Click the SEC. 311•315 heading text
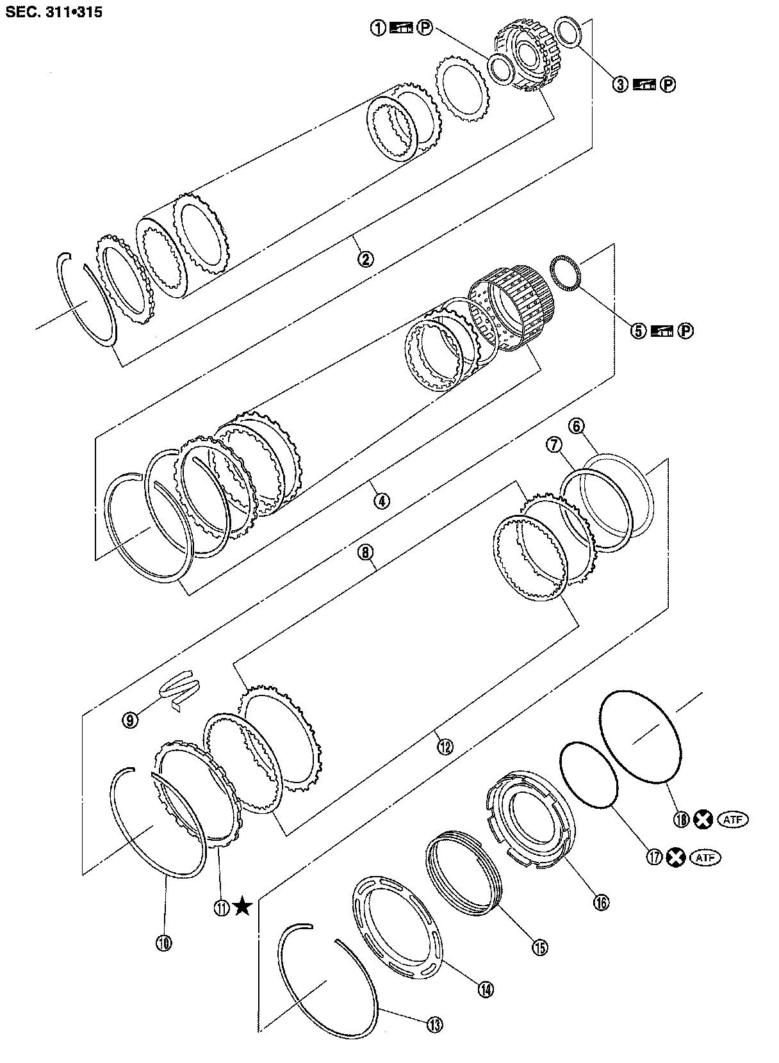point(54,11)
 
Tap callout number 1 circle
point(379,28)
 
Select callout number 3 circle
point(620,84)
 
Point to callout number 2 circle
point(365,259)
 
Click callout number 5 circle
point(639,330)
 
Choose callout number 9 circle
point(131,720)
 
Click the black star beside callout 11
point(242,906)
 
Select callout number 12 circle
point(444,745)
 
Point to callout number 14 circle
point(485,989)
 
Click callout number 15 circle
point(539,947)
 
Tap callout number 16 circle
point(601,902)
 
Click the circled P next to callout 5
point(686,330)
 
